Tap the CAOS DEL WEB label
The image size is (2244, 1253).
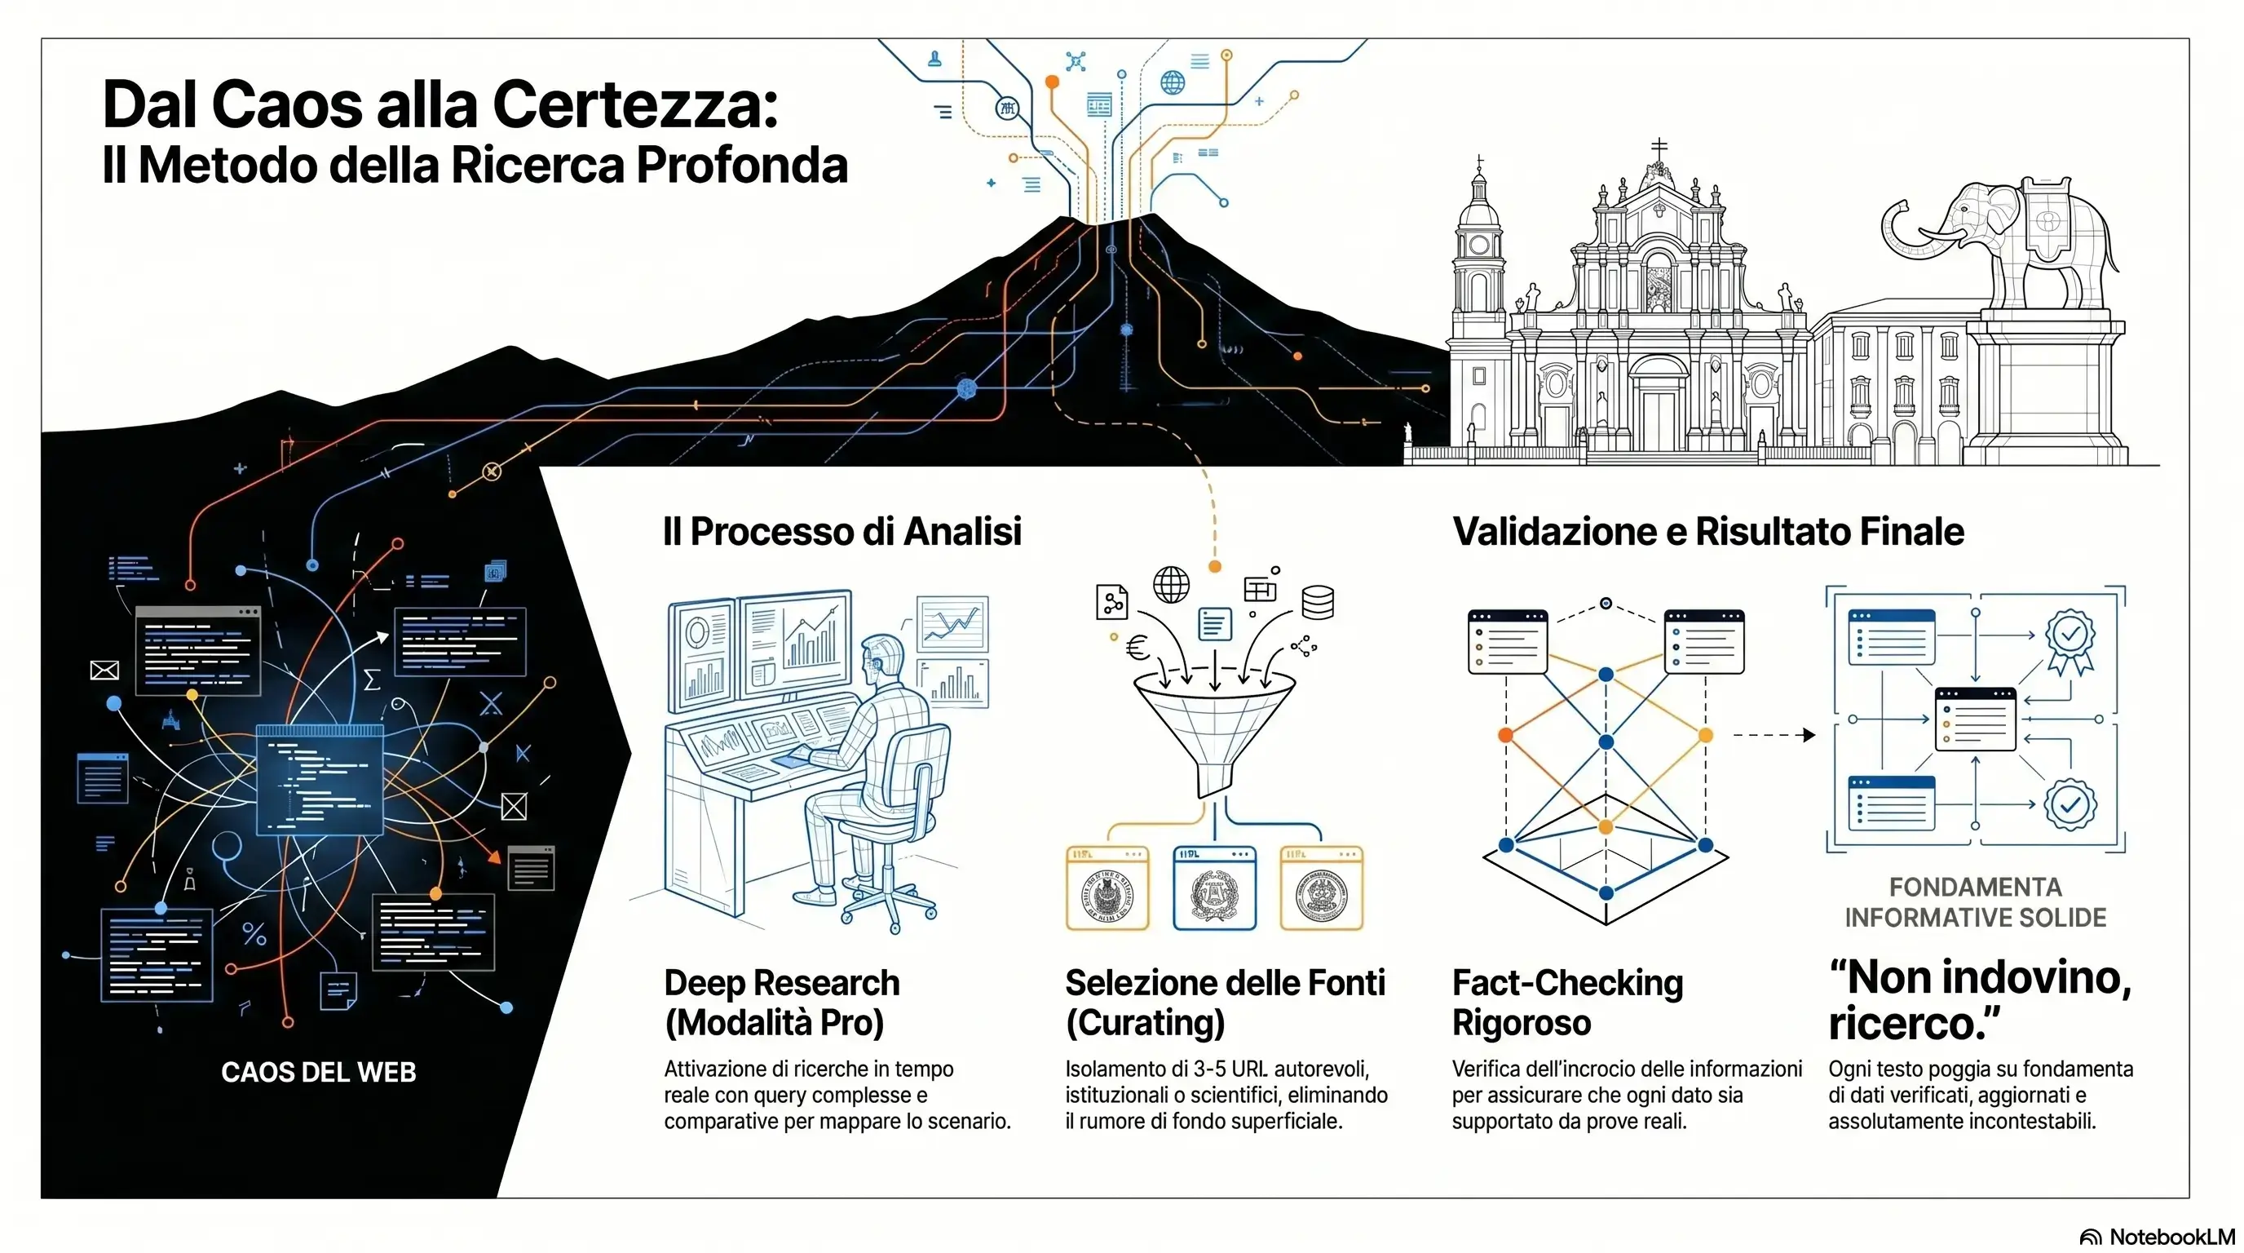tap(319, 1072)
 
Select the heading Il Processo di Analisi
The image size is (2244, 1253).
tap(841, 532)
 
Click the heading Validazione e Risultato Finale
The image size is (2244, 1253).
tap(1708, 532)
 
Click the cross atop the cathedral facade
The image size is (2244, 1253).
tap(1659, 146)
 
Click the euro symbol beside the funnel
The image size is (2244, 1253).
tap(1137, 647)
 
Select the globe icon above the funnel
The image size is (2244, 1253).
tap(1171, 584)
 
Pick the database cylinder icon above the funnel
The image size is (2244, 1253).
tap(1317, 602)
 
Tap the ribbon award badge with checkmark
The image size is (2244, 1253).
tap(2070, 641)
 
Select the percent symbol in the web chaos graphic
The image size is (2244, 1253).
tap(254, 935)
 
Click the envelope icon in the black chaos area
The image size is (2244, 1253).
tap(104, 670)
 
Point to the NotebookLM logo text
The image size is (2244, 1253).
tap(2171, 1238)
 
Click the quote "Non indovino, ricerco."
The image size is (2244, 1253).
tap(1979, 999)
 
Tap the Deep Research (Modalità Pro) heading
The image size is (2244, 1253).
tap(781, 1002)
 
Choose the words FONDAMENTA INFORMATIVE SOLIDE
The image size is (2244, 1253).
tap(1975, 902)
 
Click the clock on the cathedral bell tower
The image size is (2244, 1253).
tap(1479, 245)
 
